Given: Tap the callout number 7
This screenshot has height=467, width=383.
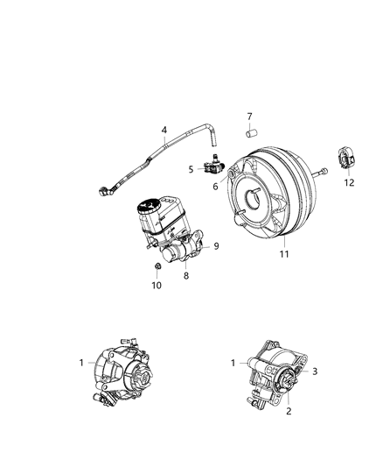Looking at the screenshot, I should point(249,116).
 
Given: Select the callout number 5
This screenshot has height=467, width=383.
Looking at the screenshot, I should point(190,168).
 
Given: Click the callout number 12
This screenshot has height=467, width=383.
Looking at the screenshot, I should point(350,184).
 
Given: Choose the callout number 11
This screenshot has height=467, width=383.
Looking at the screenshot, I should point(282,256).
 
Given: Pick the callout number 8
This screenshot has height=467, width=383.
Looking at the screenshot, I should point(185,275).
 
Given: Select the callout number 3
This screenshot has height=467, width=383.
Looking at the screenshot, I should point(304,371).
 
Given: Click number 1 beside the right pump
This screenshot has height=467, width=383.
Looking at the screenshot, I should point(233,362).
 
